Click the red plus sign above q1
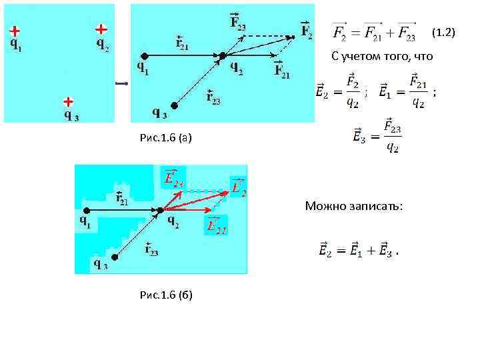[14, 31]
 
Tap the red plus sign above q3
[67, 102]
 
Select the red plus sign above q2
[101, 29]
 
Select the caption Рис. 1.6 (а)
[166, 138]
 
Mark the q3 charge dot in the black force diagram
[175, 105]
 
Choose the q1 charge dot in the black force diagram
[143, 55]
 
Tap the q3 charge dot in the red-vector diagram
[114, 257]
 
